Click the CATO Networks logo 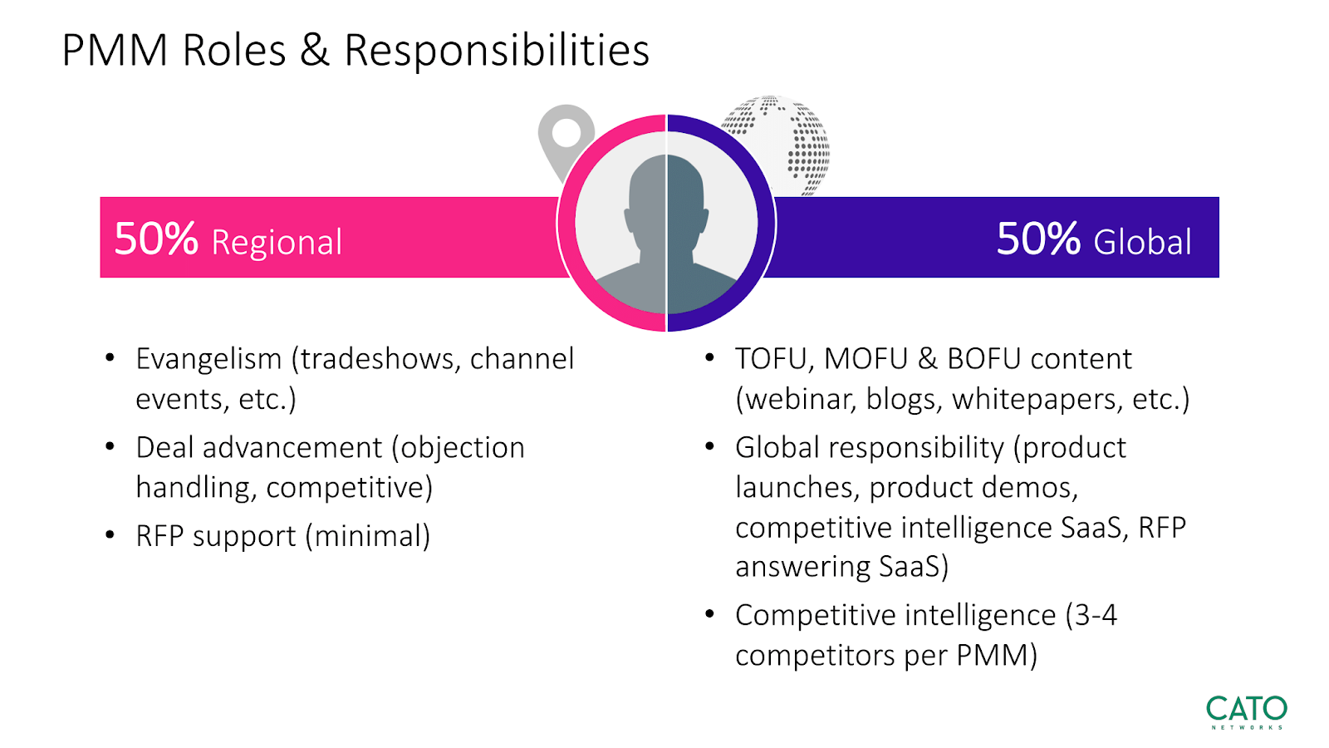1247,711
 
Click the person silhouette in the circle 666,234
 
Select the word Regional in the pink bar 277,242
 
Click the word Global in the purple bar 1142,242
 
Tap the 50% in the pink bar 156,239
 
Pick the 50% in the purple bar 1038,239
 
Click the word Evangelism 208,358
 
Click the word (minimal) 368,536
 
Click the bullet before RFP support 110,535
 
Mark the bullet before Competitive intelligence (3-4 709,614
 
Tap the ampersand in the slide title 315,50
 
